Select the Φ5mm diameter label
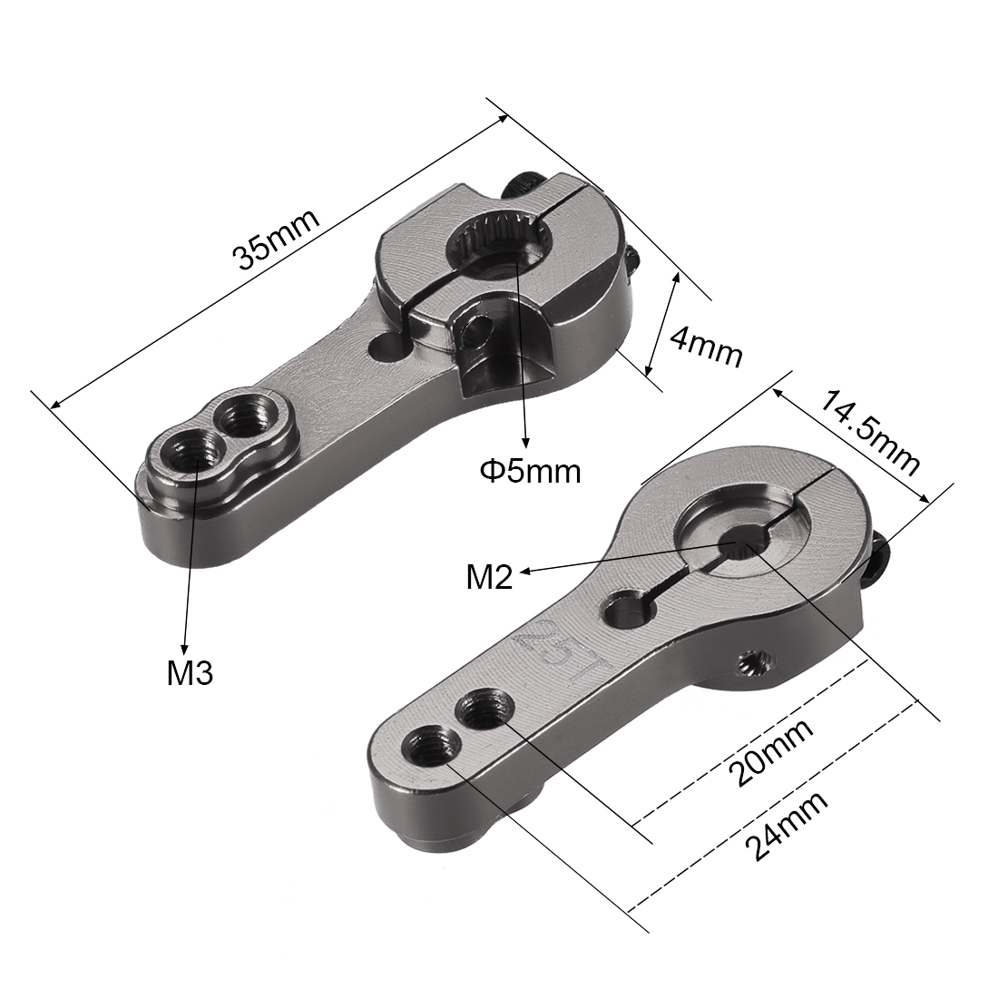pyautogui.click(x=530, y=472)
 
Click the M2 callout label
pyautogui.click(x=489, y=577)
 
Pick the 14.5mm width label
pyautogui.click(x=869, y=434)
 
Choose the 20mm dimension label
pyautogui.click(x=771, y=753)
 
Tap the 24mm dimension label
pyautogui.click(x=787, y=827)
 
